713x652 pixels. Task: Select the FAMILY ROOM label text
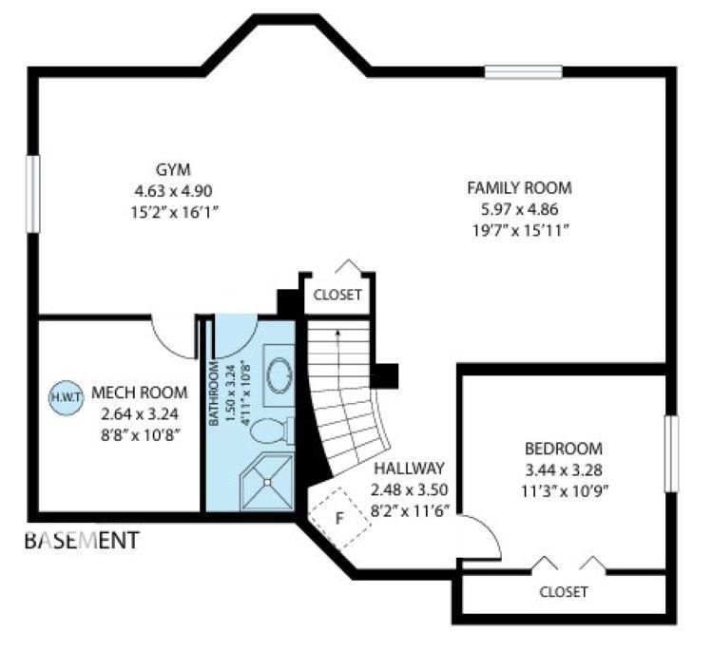[x=519, y=187]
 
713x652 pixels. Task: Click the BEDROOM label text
[x=564, y=449]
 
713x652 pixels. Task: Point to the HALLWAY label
[x=410, y=469]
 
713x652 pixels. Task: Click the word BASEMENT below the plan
[x=82, y=542]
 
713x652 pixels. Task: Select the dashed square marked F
[x=337, y=518]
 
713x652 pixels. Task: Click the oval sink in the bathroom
[x=281, y=375]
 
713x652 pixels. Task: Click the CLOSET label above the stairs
[x=337, y=295]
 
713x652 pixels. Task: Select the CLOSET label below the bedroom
[x=563, y=591]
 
